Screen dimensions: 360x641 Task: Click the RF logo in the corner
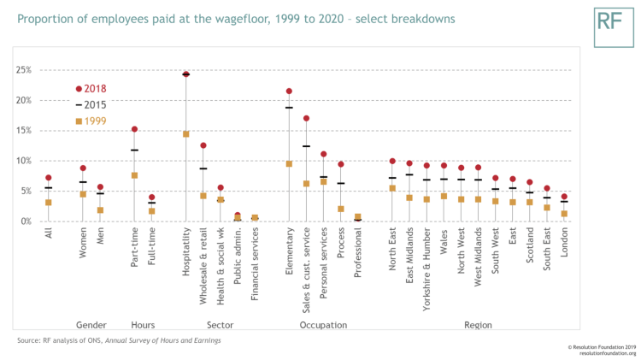pyautogui.click(x=609, y=24)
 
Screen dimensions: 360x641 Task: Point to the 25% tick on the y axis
pyautogui.click(x=23, y=70)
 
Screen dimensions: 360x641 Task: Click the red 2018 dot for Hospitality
pyautogui.click(x=185, y=74)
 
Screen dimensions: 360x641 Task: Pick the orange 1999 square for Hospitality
pyautogui.click(x=185, y=134)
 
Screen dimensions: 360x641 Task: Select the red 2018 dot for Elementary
pyautogui.click(x=289, y=91)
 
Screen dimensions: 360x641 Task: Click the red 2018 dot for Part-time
pyautogui.click(x=134, y=129)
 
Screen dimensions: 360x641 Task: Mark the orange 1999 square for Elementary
pyautogui.click(x=289, y=163)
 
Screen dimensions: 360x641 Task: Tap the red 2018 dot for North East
pyautogui.click(x=392, y=161)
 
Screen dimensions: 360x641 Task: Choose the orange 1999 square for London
pyautogui.click(x=564, y=214)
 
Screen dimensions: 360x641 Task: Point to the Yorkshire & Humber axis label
pyautogui.click(x=427, y=265)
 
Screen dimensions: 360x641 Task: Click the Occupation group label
pyautogui.click(x=323, y=325)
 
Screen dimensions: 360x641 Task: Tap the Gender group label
pyautogui.click(x=91, y=325)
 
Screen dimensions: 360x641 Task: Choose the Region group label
pyautogui.click(x=478, y=325)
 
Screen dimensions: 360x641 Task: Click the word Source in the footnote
pyautogui.click(x=28, y=341)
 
